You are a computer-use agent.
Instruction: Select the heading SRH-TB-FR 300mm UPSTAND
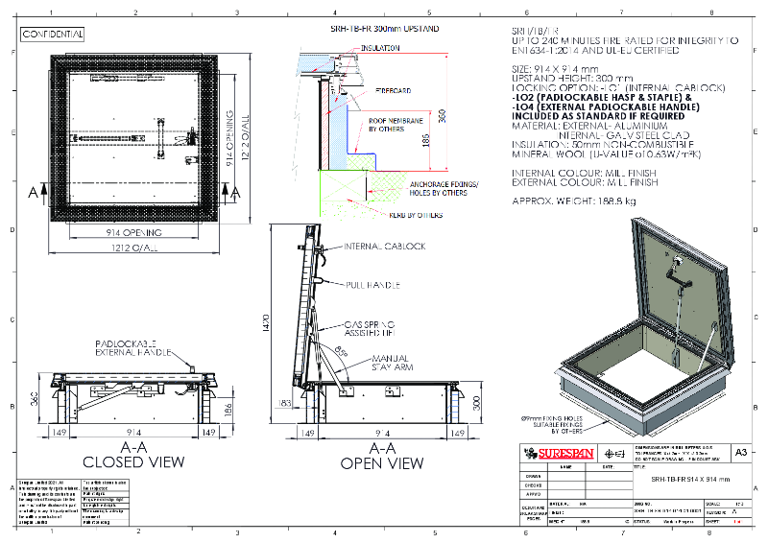tap(384, 30)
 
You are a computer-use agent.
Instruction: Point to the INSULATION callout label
tap(381, 47)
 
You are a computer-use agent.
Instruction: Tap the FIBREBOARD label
tap(393, 89)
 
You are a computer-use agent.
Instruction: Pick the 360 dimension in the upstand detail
tap(444, 114)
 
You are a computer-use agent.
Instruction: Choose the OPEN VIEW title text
tap(382, 463)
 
